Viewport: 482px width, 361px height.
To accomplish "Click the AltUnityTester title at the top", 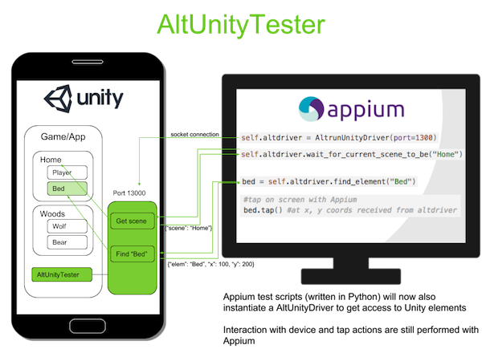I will [x=240, y=24].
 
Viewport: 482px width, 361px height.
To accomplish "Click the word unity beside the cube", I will [x=100, y=99].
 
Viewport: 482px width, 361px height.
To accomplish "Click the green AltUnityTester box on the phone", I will [x=61, y=274].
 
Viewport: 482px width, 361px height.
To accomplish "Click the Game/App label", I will [x=63, y=138].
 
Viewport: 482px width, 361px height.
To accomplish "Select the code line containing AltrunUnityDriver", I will [x=338, y=138].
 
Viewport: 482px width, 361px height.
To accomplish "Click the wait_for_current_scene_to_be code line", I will [x=351, y=153].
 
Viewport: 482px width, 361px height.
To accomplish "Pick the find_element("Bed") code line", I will [x=329, y=182].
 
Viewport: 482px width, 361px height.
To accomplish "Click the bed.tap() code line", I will [x=349, y=210].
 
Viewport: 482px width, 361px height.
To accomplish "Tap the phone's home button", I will [x=86, y=326].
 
